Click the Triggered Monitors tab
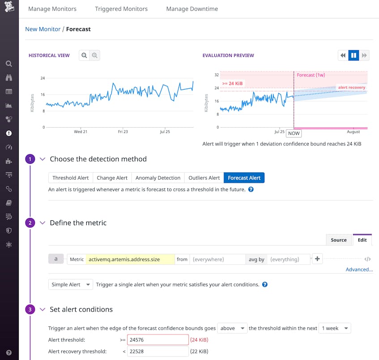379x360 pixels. (x=121, y=9)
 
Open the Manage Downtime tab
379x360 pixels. (x=192, y=9)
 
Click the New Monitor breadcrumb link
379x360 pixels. (x=43, y=29)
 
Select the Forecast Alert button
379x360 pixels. (x=244, y=178)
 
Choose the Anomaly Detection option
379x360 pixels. (x=158, y=178)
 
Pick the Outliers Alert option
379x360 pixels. (x=204, y=178)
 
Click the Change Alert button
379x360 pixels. (x=112, y=178)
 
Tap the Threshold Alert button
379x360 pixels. (x=71, y=178)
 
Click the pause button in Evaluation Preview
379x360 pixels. (x=353, y=56)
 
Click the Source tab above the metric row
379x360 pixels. (x=339, y=240)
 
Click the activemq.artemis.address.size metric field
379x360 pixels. (x=130, y=259)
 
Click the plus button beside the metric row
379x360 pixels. (x=317, y=259)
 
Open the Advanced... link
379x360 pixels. (x=359, y=270)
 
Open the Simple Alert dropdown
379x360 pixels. (x=71, y=284)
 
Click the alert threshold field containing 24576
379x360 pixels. (x=158, y=340)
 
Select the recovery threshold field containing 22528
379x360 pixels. (x=158, y=351)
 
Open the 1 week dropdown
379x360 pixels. (x=335, y=328)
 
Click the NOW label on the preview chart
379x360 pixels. (x=294, y=133)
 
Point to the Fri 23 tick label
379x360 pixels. (x=123, y=132)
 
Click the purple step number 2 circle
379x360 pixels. (x=30, y=223)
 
